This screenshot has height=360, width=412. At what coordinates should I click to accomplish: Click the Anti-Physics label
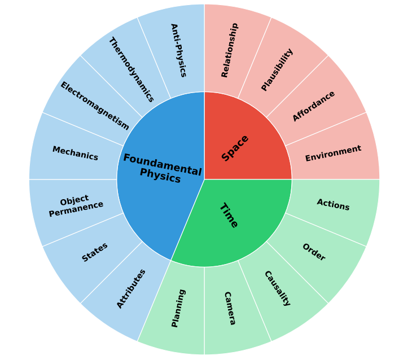tap(178, 50)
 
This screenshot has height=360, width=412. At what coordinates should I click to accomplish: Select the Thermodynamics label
tap(131, 69)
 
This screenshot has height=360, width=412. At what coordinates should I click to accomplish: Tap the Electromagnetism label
tap(95, 106)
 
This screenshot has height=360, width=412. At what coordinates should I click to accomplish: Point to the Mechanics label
tap(75, 153)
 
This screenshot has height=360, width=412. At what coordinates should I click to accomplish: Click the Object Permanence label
tap(76, 206)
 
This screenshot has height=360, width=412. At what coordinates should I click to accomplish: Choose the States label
tap(95, 252)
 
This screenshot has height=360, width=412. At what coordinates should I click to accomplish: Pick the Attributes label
tap(131, 288)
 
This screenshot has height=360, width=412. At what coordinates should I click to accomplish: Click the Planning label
tap(178, 308)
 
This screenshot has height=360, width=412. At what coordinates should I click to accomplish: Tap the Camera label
tap(229, 308)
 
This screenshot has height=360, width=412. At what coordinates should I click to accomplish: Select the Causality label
tap(277, 288)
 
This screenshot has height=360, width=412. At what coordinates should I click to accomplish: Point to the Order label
tap(314, 252)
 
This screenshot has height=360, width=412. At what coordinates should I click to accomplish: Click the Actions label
tap(333, 204)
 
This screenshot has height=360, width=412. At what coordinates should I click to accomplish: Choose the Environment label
tap(333, 153)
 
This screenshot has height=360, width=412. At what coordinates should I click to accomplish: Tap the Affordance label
tap(314, 106)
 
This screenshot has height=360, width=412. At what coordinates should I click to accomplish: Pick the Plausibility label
tap(277, 69)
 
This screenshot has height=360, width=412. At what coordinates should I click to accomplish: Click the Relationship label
tap(229, 50)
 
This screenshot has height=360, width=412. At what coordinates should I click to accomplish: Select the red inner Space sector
tap(248, 135)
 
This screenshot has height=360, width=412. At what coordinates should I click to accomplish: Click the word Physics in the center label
tap(160, 177)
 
